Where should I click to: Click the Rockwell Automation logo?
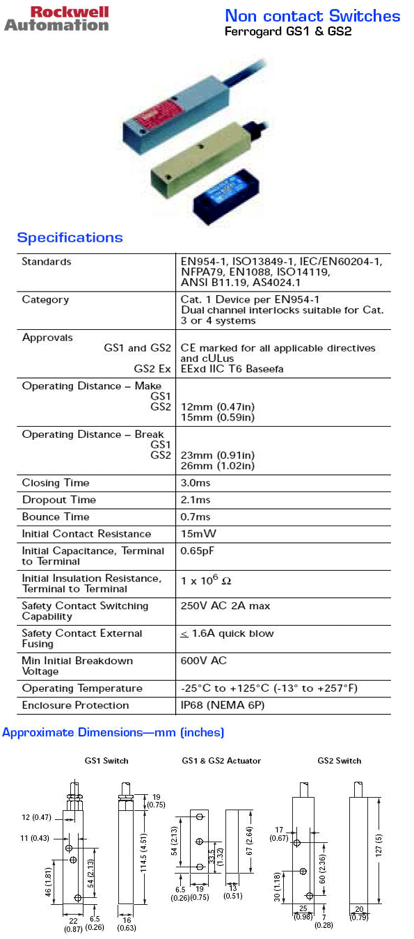tap(56, 18)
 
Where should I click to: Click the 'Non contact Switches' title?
tap(312, 16)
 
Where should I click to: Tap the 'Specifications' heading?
tap(70, 238)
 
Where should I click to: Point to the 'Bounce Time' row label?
tap(56, 517)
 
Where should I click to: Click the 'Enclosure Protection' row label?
tap(75, 705)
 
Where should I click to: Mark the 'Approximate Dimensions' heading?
tap(113, 732)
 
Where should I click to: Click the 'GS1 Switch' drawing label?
tap(106, 761)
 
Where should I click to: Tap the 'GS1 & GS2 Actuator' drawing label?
tap(221, 761)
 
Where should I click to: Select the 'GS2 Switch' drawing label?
tap(340, 761)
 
